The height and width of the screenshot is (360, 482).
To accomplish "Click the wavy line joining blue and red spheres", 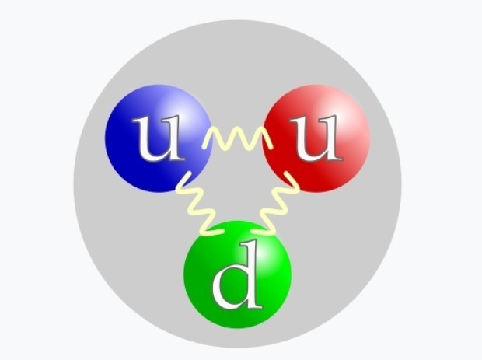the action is [x=237, y=139].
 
